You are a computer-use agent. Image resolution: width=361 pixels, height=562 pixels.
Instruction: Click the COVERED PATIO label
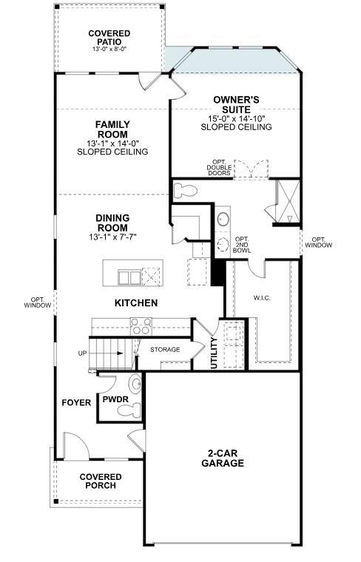click(109, 38)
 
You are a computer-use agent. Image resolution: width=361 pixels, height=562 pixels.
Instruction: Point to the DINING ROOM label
click(112, 223)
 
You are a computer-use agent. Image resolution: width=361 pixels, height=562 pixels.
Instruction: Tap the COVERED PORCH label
click(101, 482)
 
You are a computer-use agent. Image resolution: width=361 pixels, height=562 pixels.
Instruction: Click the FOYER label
click(76, 403)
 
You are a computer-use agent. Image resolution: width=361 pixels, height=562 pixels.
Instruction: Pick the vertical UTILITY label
click(215, 353)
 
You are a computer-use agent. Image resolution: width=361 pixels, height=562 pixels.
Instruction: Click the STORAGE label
click(165, 349)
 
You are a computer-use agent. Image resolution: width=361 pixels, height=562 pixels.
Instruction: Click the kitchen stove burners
click(141, 325)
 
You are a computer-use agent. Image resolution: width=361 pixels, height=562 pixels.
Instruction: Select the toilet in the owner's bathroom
click(185, 192)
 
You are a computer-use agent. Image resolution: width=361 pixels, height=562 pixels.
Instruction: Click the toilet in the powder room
click(134, 385)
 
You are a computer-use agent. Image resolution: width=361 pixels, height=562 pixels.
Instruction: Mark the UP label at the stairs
click(82, 353)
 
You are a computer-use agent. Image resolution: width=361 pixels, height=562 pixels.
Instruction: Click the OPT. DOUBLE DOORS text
click(220, 169)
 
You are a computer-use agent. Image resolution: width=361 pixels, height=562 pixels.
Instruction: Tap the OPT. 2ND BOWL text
click(242, 245)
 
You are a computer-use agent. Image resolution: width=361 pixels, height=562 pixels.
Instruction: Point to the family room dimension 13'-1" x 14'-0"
click(112, 143)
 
